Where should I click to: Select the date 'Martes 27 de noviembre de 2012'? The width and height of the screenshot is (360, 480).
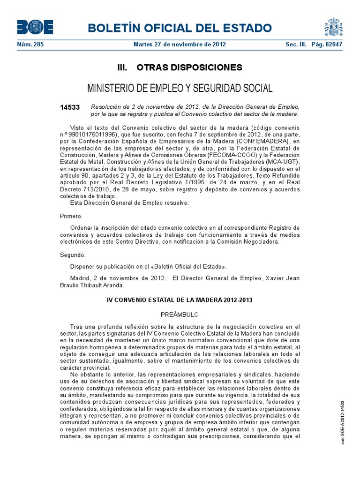click(180, 45)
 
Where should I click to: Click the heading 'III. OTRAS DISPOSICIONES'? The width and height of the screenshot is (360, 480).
click(180, 67)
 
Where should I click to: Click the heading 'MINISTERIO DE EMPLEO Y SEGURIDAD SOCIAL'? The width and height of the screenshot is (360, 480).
click(180, 88)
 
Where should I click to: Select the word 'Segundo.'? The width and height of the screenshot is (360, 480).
click(73, 255)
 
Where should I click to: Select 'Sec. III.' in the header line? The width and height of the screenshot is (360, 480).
click(295, 45)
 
